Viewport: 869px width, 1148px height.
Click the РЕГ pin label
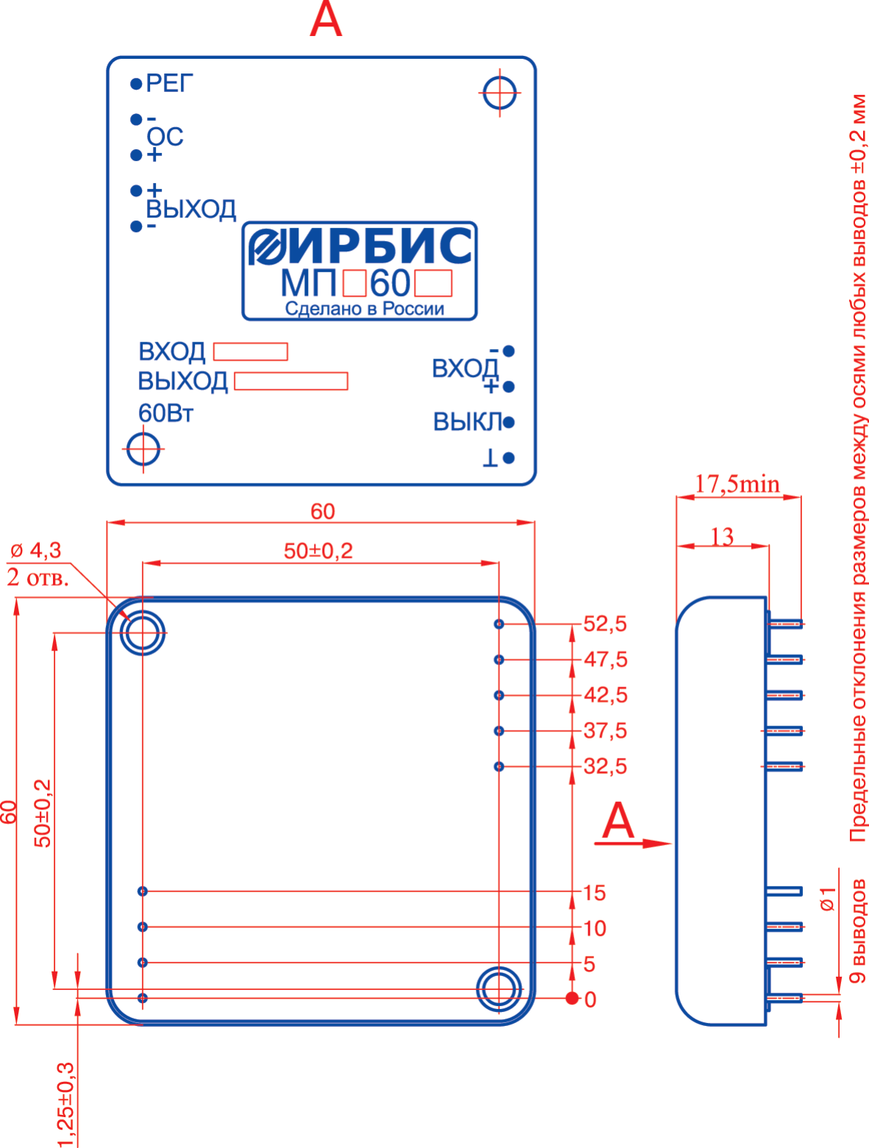pyautogui.click(x=169, y=84)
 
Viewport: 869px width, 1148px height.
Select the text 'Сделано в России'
pyautogui.click(x=365, y=309)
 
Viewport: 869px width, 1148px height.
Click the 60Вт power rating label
pyautogui.click(x=165, y=414)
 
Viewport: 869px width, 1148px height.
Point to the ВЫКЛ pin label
pyautogui.click(x=467, y=423)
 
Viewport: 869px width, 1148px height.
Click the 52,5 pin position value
pyautogui.click(x=605, y=624)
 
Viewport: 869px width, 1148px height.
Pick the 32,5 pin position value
pyautogui.click(x=605, y=767)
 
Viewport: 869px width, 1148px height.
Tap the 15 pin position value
pyautogui.click(x=594, y=893)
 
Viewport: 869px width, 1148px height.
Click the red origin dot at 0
pyautogui.click(x=572, y=998)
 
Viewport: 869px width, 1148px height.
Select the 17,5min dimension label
pyautogui.click(x=737, y=484)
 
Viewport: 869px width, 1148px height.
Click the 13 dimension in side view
pyautogui.click(x=722, y=537)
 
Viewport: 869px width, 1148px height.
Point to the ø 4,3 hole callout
pyautogui.click(x=37, y=550)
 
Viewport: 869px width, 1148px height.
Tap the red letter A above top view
pyautogui.click(x=326, y=21)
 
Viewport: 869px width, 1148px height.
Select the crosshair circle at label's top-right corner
pyautogui.click(x=500, y=93)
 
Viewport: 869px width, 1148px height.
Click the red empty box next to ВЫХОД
pyautogui.click(x=290, y=381)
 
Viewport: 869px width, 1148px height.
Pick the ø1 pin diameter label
pyautogui.click(x=829, y=898)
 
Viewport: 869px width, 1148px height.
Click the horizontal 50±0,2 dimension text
pyautogui.click(x=318, y=551)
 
